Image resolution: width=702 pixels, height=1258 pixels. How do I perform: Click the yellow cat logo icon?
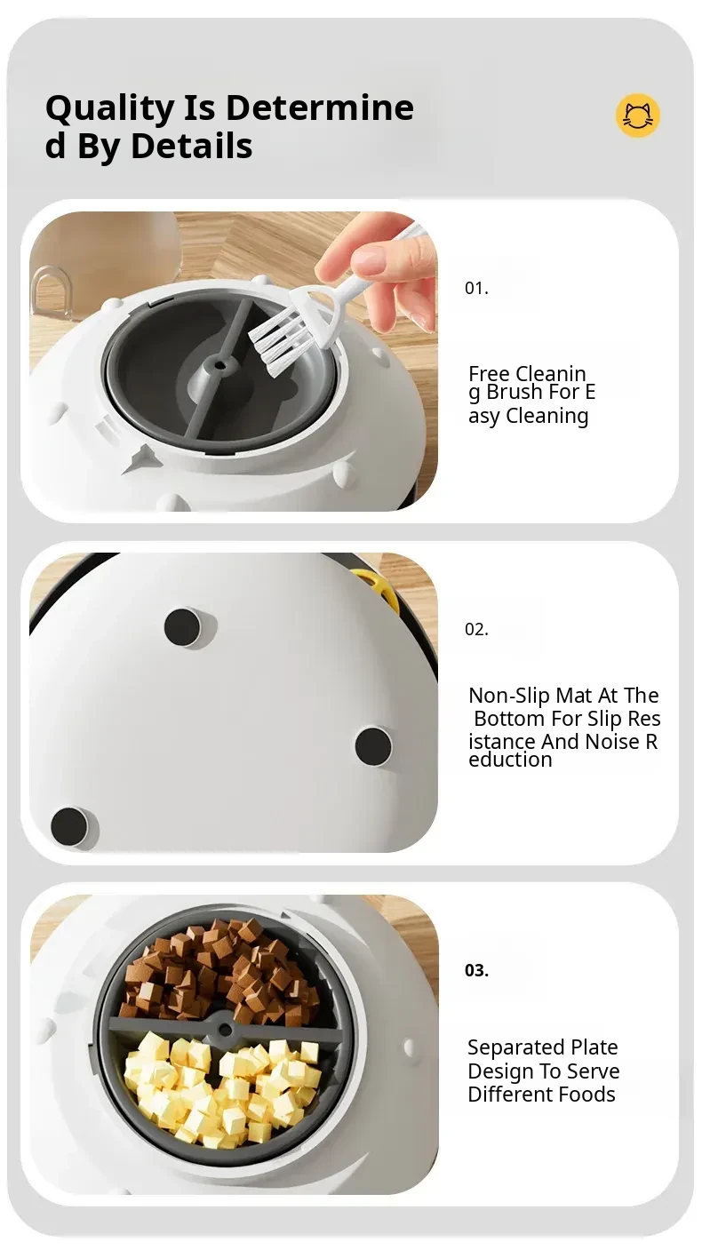point(637,115)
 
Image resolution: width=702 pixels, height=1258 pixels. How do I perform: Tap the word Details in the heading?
point(192,146)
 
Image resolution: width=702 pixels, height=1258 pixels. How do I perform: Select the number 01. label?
point(476,288)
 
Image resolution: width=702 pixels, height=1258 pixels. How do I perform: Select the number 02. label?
point(476,629)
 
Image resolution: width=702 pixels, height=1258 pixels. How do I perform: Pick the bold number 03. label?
point(476,970)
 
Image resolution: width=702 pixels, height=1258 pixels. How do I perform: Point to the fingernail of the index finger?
point(371,259)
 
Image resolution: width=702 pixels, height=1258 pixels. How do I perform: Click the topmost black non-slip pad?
point(182,626)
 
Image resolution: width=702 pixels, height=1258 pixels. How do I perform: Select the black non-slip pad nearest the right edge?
point(373,745)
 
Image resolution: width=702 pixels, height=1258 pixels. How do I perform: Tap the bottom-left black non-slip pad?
point(69,826)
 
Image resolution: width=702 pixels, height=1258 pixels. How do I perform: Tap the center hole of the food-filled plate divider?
point(225,1028)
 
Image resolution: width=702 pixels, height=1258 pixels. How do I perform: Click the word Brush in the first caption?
point(511,392)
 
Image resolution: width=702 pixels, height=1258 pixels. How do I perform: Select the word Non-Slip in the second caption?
point(509,696)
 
